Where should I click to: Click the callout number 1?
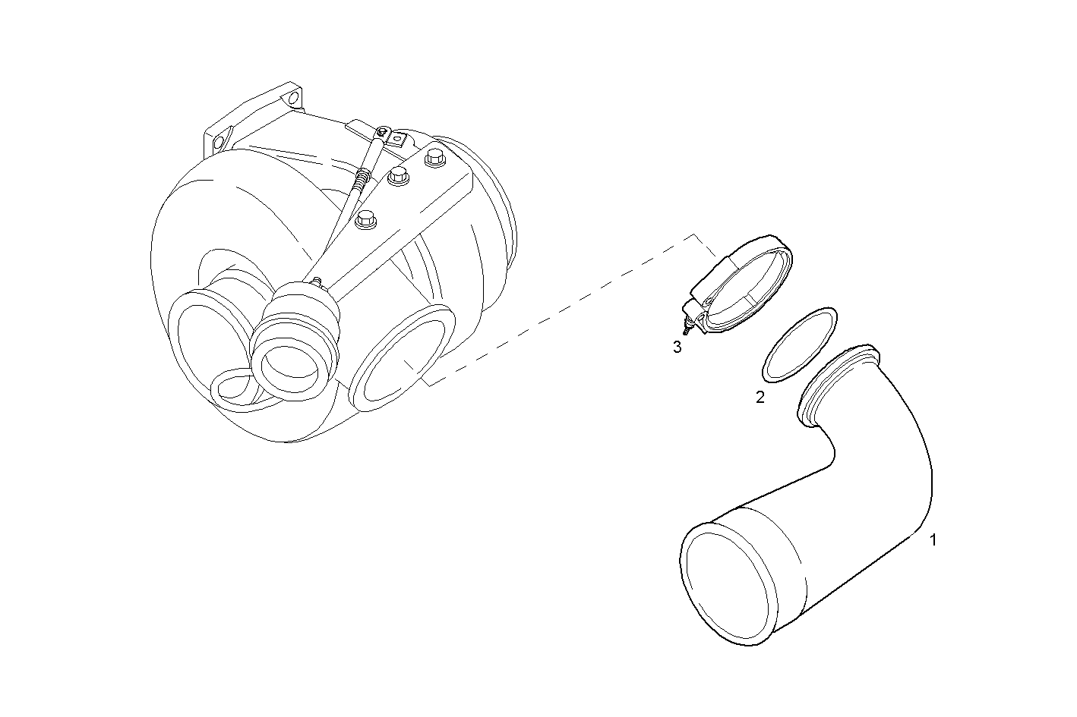tap(933, 540)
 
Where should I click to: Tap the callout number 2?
tap(760, 397)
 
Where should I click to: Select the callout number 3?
tap(677, 347)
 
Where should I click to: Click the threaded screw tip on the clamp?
tap(684, 329)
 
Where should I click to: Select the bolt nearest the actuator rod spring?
tap(398, 176)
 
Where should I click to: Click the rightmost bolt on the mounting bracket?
tap(434, 158)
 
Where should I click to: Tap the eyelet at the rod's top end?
tap(384, 131)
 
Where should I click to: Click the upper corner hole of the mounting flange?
tap(292, 98)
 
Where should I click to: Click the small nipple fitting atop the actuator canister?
tap(316, 281)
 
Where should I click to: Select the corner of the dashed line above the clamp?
tap(693, 235)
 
